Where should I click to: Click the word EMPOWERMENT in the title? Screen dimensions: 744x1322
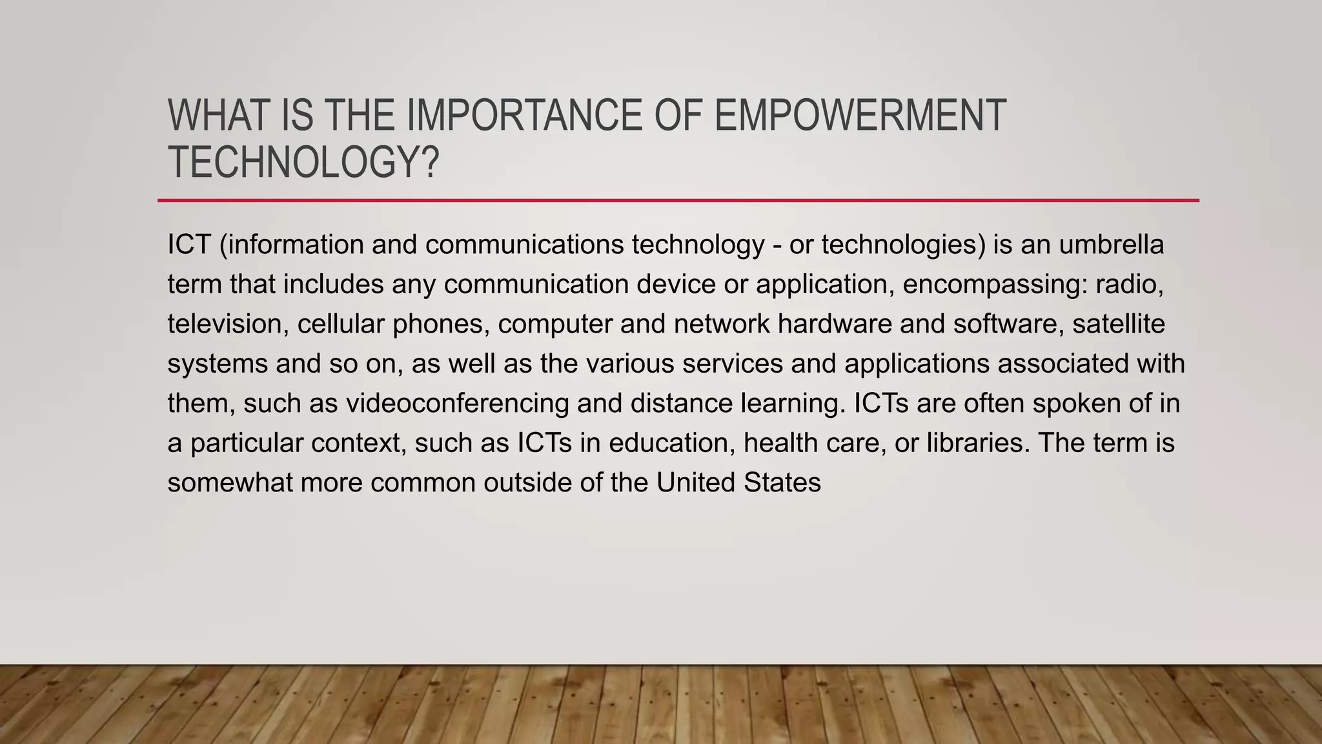(860, 116)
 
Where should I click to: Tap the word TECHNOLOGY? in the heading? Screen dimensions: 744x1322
(303, 162)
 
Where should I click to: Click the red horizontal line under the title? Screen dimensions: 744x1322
(678, 201)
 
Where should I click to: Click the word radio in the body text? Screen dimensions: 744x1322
(1130, 284)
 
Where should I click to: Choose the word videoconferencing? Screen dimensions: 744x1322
(458, 404)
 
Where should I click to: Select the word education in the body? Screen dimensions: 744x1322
(671, 443)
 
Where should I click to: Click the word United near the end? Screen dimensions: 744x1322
(696, 483)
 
